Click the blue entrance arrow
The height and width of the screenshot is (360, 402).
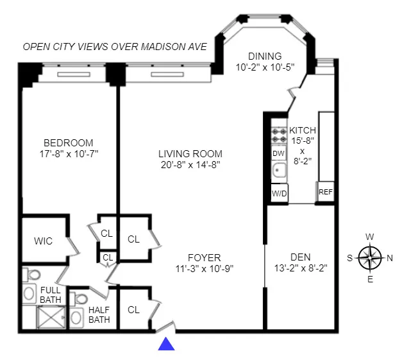pos(167,345)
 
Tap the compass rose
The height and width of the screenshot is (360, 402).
pos(371,258)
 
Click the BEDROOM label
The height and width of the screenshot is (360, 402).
pos(68,142)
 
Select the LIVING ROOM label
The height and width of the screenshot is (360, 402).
pos(190,153)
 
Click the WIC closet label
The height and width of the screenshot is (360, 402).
pos(43,241)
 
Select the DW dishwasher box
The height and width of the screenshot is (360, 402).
pos(278,153)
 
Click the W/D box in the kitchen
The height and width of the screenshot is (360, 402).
pos(279,193)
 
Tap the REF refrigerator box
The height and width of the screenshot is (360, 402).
pos(326,192)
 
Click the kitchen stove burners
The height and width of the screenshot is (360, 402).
pos(279,134)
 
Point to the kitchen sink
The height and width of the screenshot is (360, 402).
pos(279,171)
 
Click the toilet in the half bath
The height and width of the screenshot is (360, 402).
pos(80,300)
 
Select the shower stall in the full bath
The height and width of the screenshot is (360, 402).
pos(49,318)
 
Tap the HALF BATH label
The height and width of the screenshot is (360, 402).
pos(99,314)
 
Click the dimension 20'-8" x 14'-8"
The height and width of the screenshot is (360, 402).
pos(190,165)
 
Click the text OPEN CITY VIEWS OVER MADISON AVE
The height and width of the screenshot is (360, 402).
pos(114,47)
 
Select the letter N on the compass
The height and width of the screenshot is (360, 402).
pos(390,258)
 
